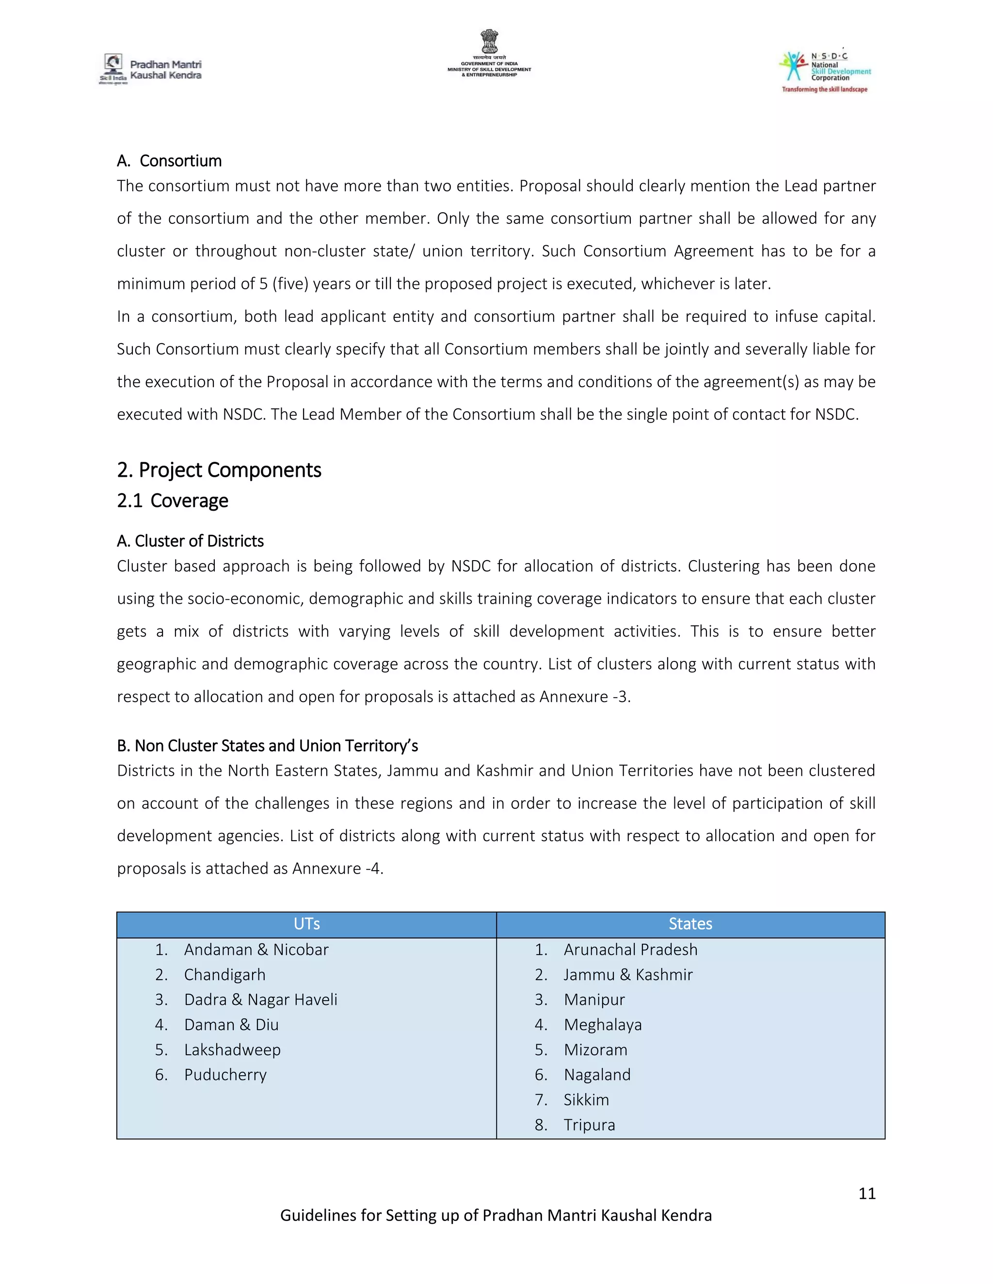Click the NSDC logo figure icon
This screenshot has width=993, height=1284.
[x=794, y=66]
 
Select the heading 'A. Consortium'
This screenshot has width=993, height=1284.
[x=169, y=161]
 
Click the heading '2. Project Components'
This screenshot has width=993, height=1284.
[x=219, y=470]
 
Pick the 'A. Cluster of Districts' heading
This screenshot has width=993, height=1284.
[x=190, y=541]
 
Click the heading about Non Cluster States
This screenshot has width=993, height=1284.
[x=267, y=746]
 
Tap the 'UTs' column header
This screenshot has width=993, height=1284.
[x=306, y=924]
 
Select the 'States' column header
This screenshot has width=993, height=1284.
[x=690, y=924]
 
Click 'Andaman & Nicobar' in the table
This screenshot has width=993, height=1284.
[x=256, y=950]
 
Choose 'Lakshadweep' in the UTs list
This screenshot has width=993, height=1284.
[x=232, y=1049]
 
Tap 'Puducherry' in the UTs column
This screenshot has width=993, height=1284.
[x=225, y=1075]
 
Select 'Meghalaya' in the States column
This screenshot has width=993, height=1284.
[x=602, y=1025]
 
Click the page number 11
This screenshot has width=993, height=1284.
[x=866, y=1193]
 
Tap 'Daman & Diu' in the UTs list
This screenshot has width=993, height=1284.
[x=231, y=1025]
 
